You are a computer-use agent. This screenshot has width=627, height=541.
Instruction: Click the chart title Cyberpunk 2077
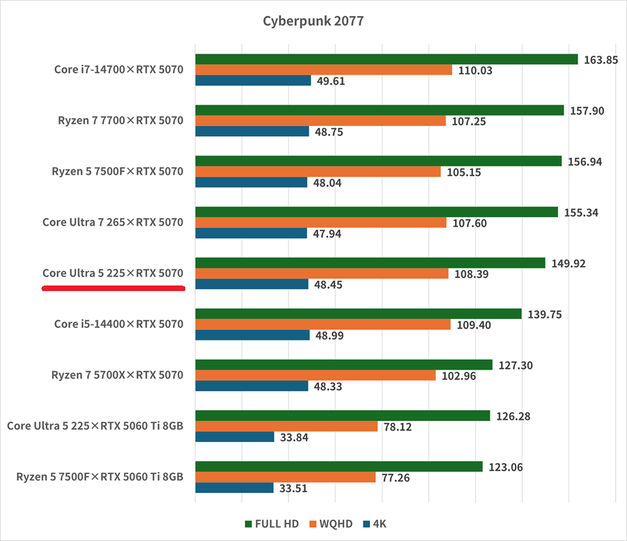[x=313, y=21]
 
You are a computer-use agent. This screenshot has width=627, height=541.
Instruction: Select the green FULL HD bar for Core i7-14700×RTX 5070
[x=387, y=59]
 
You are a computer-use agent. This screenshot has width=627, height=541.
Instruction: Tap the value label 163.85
[x=601, y=60]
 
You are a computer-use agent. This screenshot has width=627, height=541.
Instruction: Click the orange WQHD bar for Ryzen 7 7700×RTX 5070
[x=320, y=121]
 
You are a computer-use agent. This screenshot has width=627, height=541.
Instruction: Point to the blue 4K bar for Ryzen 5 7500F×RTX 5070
[x=251, y=182]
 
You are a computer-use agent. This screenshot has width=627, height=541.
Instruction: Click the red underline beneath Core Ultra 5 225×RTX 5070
[x=114, y=288]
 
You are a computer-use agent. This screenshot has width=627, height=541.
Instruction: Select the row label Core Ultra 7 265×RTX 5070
[x=112, y=223]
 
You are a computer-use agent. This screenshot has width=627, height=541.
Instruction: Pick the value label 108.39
[x=473, y=274]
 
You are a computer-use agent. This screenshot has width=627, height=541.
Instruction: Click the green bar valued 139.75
[x=358, y=314]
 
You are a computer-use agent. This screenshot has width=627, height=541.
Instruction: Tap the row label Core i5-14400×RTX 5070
[x=118, y=324]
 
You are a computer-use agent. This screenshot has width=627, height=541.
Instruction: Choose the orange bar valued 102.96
[x=316, y=375]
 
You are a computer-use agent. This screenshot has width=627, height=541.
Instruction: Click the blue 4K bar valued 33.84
[x=234, y=437]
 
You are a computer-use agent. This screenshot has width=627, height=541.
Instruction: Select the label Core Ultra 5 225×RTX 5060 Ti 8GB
[x=95, y=426]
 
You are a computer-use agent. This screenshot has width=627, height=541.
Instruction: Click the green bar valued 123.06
[x=339, y=466]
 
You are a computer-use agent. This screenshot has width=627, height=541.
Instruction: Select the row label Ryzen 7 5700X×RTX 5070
[x=117, y=375]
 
